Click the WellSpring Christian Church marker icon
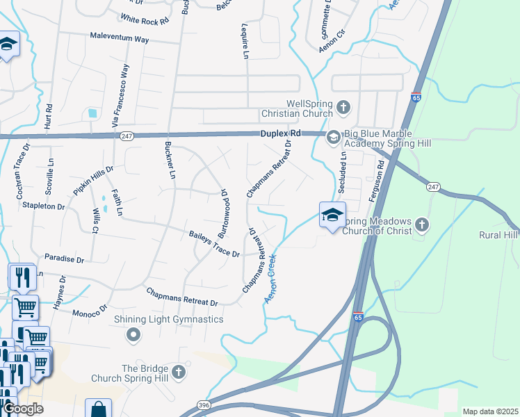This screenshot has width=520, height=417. [343, 107]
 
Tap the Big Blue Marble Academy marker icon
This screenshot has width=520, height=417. [333, 138]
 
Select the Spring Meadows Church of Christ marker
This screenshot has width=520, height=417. [423, 224]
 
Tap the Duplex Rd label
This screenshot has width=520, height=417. [281, 133]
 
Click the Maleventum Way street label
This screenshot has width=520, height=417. [120, 39]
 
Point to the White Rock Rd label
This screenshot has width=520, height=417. [145, 19]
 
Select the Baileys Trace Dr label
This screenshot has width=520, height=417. [214, 244]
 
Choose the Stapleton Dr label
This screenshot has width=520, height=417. [42, 206]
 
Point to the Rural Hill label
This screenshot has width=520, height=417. [498, 235]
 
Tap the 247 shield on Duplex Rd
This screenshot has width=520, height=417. [125, 136]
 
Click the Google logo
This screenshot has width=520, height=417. [24, 409]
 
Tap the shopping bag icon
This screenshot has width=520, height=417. [98, 409]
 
